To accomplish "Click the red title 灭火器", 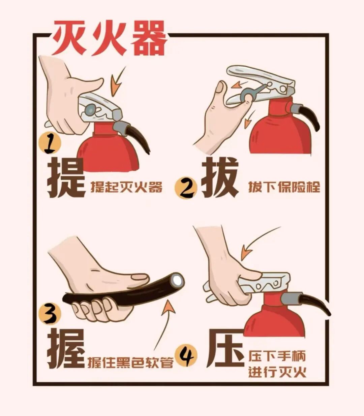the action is tap(110, 38).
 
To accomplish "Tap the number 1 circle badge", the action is tap(50, 144).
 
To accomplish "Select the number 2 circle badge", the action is tap(186, 188).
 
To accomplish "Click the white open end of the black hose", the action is tap(178, 281).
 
